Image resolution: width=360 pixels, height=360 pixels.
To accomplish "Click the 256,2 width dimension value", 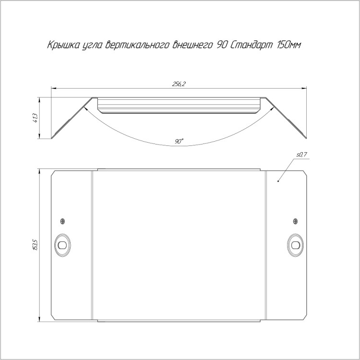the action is tap(179, 84).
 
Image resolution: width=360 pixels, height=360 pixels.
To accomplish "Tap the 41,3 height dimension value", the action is tap(36, 118).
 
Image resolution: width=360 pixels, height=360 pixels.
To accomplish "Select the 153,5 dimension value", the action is tap(36, 244).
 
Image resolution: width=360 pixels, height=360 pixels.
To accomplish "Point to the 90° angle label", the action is tap(179, 141).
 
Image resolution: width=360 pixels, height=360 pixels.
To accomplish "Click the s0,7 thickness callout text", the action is tap(301, 155).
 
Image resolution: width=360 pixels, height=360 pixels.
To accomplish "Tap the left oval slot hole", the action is tap(62, 245).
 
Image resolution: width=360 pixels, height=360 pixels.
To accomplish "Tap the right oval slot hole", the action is tap(296, 245).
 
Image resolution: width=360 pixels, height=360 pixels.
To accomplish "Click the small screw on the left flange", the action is tap(62, 221).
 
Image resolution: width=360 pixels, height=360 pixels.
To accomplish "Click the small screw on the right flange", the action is tap(296, 221).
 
